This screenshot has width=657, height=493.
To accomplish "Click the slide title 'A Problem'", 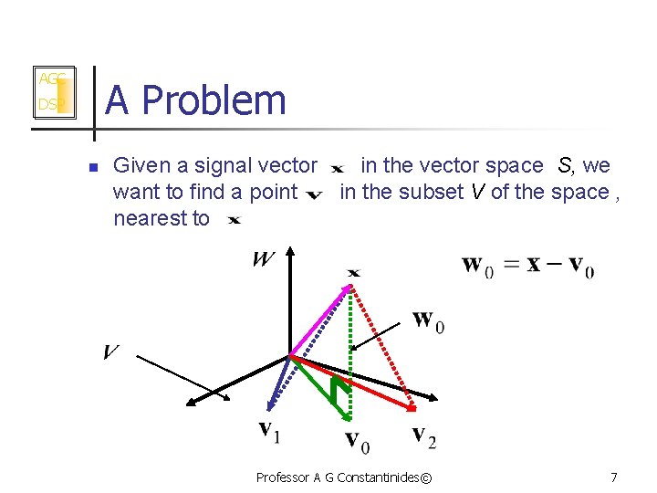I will click(x=195, y=100).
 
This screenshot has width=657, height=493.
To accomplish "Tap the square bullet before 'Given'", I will click(x=92, y=167).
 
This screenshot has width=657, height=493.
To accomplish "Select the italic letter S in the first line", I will click(x=565, y=165).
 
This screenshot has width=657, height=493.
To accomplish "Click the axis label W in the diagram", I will click(x=263, y=259).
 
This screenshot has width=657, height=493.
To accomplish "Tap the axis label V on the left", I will click(x=111, y=352).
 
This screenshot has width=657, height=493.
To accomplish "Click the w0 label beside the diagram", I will click(x=429, y=321).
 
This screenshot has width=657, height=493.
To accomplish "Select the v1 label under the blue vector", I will click(x=269, y=429).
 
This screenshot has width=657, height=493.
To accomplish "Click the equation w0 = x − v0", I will click(x=528, y=266).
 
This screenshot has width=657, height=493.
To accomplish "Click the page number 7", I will click(x=613, y=477).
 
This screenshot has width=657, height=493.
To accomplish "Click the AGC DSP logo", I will click(x=52, y=91).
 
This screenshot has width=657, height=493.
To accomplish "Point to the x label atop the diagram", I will click(x=353, y=272).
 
